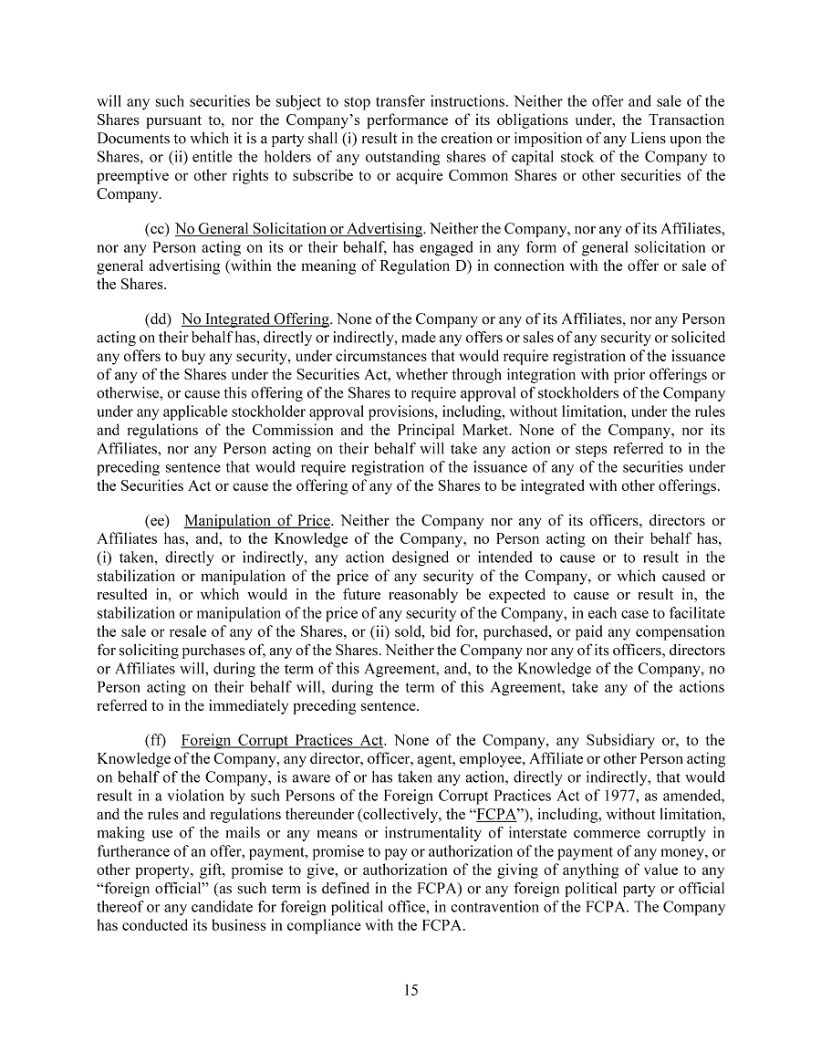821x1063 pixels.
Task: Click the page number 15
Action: [x=410, y=991]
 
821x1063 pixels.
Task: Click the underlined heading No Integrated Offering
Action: [x=255, y=319]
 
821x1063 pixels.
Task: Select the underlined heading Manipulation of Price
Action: [x=257, y=521]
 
